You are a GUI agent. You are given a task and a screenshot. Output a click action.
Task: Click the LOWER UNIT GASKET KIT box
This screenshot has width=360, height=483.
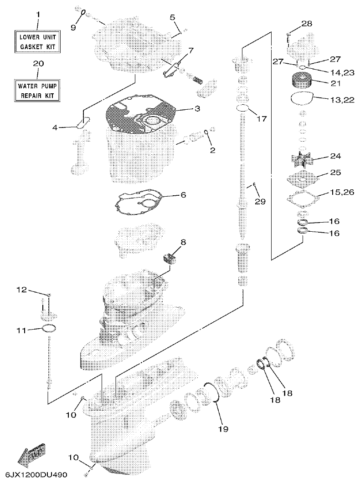click(38, 41)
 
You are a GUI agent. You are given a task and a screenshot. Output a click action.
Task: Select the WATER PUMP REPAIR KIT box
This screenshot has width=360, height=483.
click(38, 90)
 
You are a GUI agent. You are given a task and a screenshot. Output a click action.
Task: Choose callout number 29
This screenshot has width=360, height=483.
click(260, 201)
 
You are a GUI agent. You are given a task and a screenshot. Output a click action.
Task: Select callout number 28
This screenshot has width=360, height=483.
click(307, 23)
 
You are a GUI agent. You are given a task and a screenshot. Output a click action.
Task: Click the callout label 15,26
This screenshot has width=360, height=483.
click(340, 193)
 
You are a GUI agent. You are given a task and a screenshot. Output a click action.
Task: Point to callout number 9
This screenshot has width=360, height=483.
click(73, 27)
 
